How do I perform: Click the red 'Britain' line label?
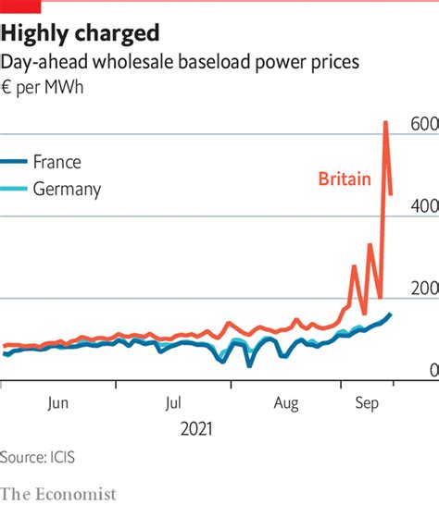[x=345, y=179]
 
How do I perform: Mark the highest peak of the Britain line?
[x=385, y=122]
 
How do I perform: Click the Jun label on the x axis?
[x=57, y=402]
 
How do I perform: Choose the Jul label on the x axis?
[x=173, y=402]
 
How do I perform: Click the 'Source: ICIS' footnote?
[x=38, y=457]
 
